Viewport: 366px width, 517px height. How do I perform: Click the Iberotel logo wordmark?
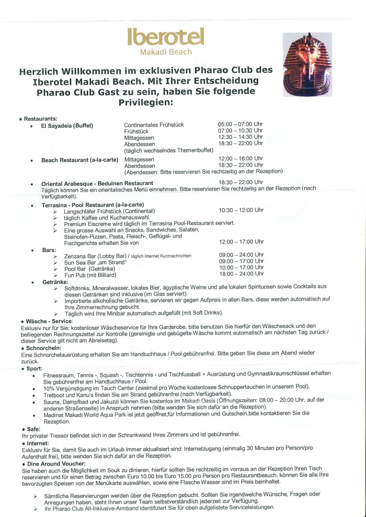[x=166, y=37]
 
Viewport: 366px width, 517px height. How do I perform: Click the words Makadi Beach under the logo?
[x=166, y=52]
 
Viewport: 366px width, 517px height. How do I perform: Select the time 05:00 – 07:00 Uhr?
[x=240, y=124]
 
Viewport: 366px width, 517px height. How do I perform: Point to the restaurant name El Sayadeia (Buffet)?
[x=67, y=126]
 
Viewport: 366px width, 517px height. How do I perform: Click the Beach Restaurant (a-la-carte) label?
[x=80, y=160]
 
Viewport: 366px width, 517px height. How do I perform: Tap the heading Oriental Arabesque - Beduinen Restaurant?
[x=97, y=183]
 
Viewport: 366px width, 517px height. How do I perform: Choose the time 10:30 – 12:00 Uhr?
[x=241, y=210]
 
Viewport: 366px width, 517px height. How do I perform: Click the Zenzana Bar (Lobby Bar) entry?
[x=95, y=256]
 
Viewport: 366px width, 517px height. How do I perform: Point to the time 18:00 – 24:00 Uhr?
[x=241, y=274]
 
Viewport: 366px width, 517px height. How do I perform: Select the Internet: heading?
[x=38, y=443]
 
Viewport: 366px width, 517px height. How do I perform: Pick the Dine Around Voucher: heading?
[x=54, y=464]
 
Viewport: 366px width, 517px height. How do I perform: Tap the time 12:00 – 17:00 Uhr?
[x=241, y=242]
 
